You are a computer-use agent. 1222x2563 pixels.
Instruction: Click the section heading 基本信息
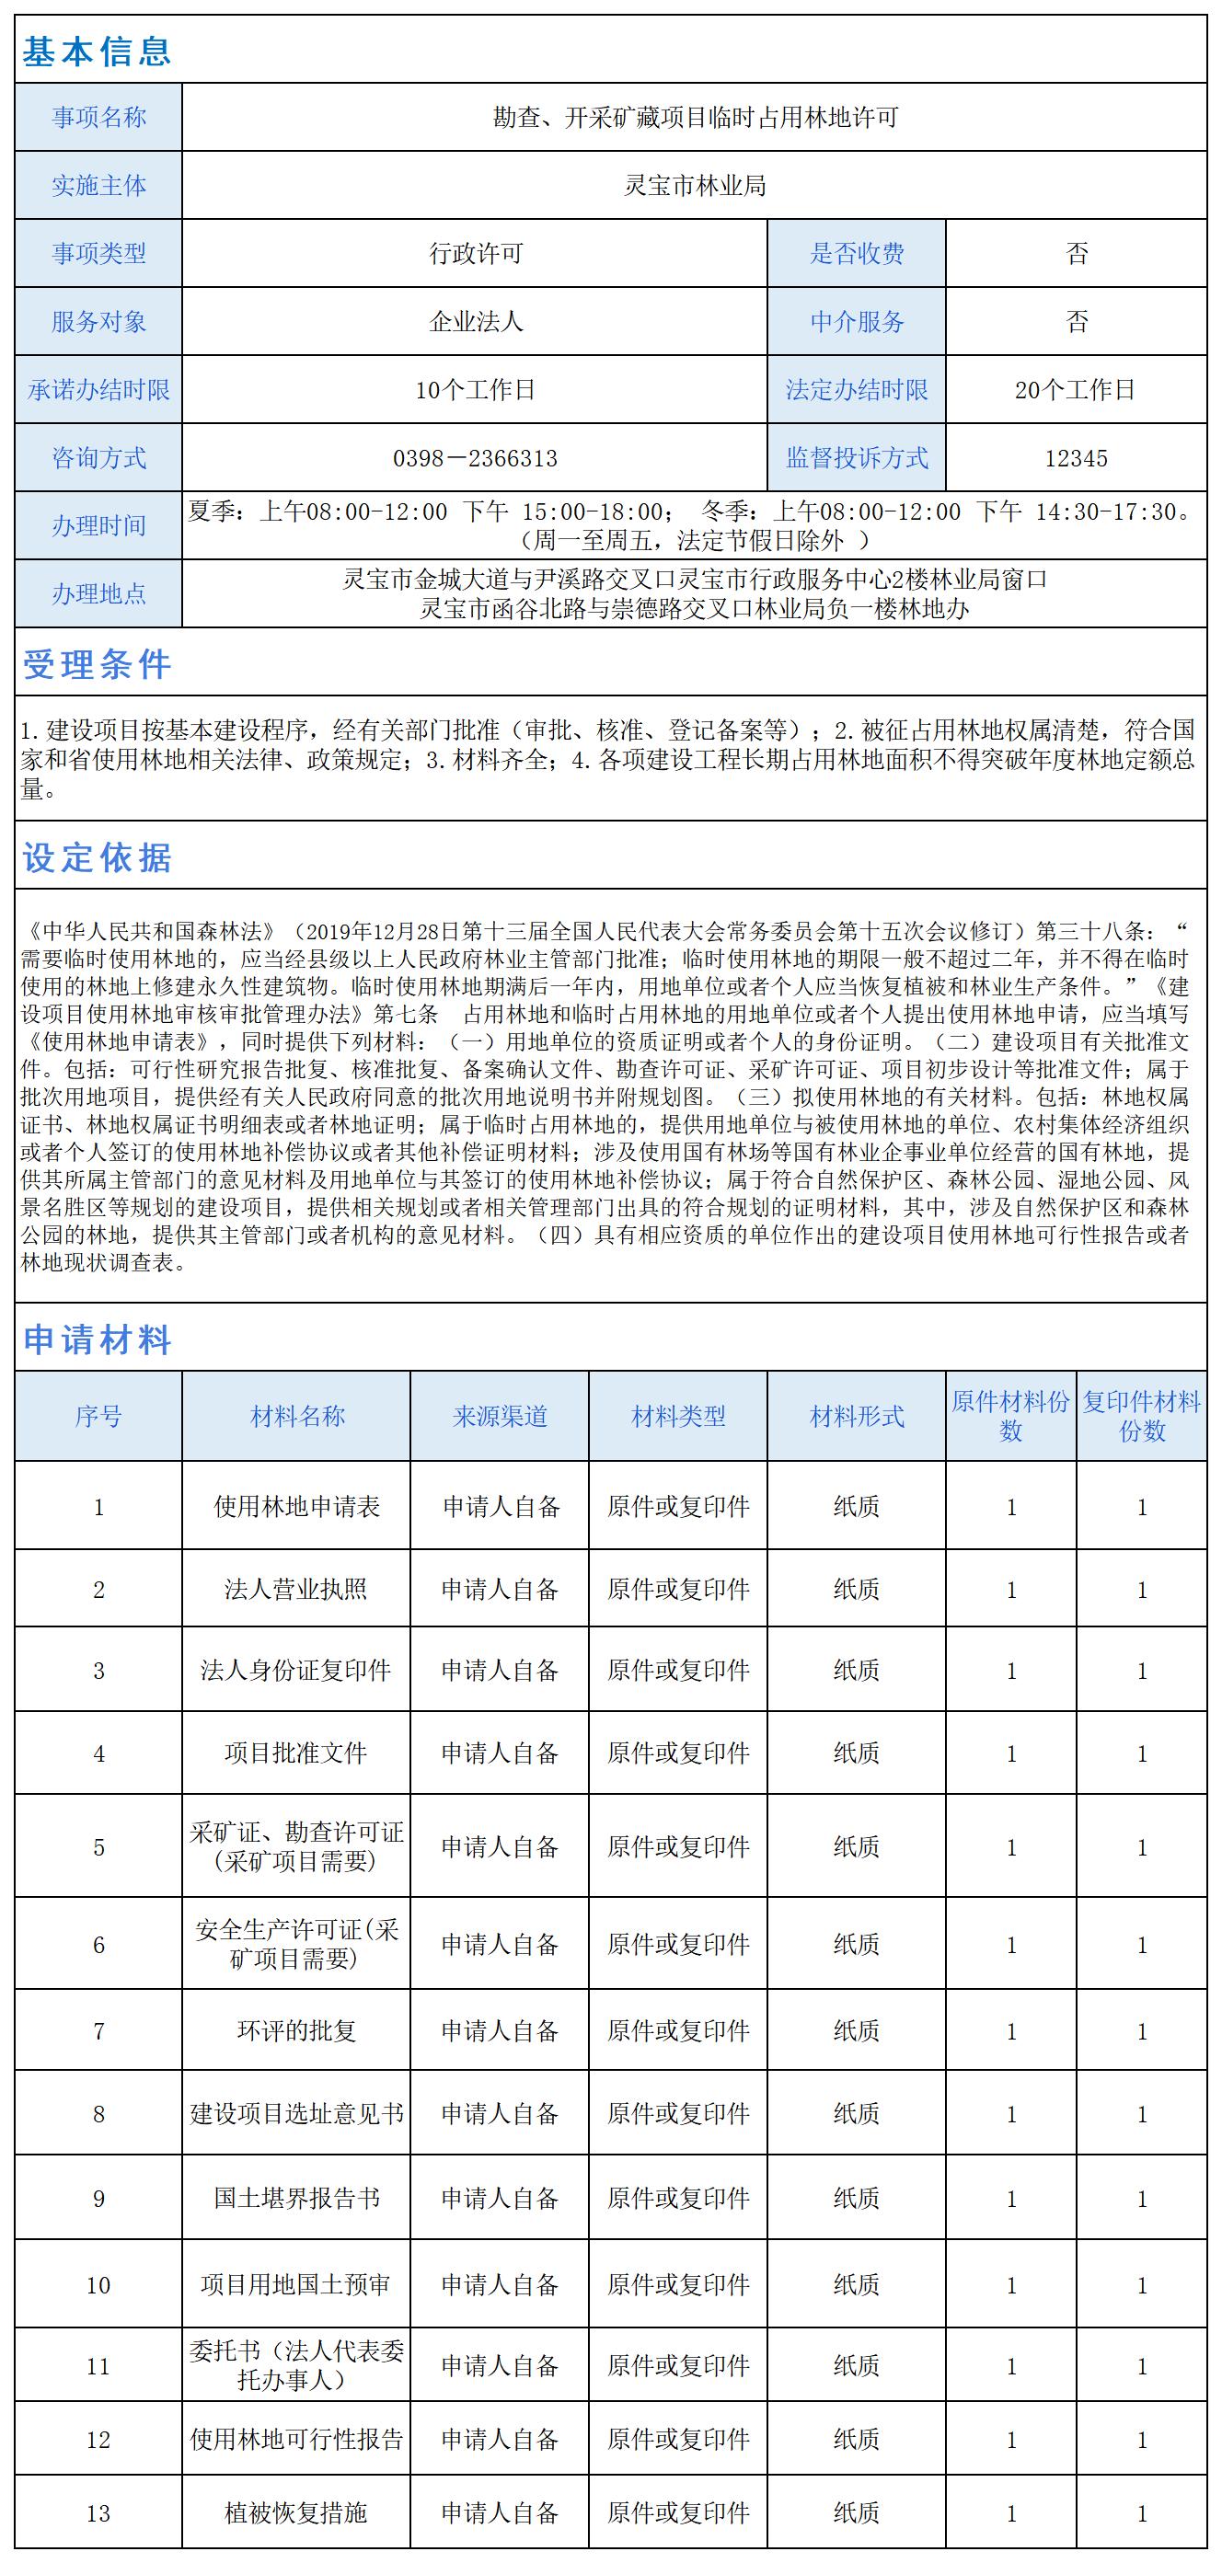(x=97, y=51)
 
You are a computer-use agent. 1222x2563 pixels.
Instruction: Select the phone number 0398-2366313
(x=475, y=459)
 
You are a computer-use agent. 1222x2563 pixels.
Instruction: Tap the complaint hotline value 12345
(x=1076, y=459)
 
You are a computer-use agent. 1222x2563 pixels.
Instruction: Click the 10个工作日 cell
(x=475, y=390)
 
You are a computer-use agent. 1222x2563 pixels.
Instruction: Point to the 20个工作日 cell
(x=1076, y=390)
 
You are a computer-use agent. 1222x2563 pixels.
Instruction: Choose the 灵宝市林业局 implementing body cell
(x=694, y=186)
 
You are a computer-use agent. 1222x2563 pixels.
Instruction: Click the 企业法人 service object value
(x=475, y=322)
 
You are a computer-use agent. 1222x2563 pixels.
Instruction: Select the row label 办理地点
(x=98, y=594)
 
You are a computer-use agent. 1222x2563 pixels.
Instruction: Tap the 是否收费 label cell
(x=856, y=254)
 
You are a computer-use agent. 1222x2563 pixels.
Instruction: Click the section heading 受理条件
(x=97, y=664)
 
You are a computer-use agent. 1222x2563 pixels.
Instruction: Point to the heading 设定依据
(x=97, y=857)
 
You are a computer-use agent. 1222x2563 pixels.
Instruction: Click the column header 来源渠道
(x=500, y=1416)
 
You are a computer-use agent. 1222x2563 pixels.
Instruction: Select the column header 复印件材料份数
(x=1141, y=1416)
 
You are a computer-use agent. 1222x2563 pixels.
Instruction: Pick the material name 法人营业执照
(x=295, y=1589)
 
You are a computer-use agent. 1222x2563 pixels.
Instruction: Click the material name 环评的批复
(x=295, y=2030)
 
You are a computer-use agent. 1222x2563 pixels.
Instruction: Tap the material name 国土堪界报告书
(x=295, y=2198)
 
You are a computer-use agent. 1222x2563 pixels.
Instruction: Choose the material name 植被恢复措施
(x=295, y=2512)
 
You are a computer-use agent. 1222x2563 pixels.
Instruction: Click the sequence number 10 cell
(x=98, y=2285)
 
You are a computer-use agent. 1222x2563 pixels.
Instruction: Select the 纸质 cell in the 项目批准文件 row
(x=856, y=1753)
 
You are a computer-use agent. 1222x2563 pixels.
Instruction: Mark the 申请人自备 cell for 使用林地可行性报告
(x=500, y=2439)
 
